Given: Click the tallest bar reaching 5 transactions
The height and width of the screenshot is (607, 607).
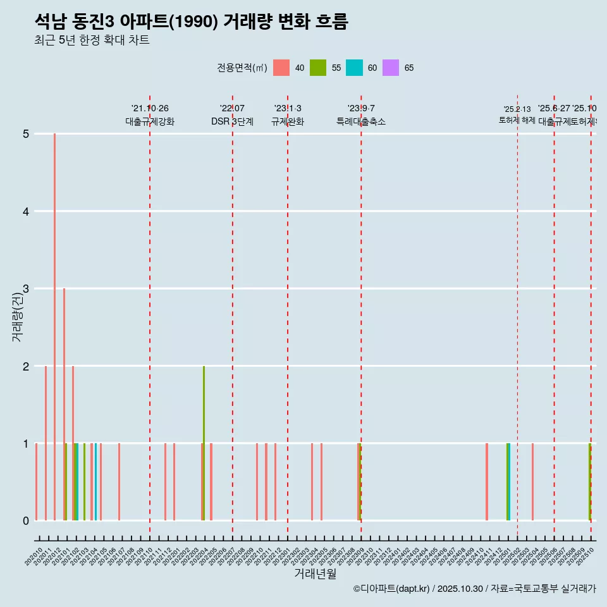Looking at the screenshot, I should coord(55,326).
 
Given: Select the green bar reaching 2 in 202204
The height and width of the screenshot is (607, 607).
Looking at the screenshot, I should coord(204,443).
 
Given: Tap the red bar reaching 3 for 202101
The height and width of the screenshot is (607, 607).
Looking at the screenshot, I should coord(64,405).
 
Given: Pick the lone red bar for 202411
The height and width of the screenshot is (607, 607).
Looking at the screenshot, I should coord(486,482).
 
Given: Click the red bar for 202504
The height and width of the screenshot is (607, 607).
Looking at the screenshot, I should coord(532,482).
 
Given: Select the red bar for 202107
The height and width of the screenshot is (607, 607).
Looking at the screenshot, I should coord(119,482).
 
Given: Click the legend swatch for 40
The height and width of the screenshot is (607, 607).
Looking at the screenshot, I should coord(281,68).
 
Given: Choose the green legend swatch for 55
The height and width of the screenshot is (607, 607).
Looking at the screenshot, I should coord(318,68).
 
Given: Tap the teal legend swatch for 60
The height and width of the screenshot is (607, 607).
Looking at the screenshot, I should coord(355,68).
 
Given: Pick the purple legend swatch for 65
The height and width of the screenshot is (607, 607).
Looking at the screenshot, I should coord(391,68).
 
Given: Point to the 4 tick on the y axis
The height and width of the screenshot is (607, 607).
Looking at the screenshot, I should coord(27,211).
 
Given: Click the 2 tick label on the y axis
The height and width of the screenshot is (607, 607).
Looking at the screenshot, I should coord(27,366).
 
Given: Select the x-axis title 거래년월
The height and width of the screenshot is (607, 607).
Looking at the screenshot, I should coord(315,573).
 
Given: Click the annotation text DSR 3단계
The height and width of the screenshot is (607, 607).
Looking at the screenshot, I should coord(232,121).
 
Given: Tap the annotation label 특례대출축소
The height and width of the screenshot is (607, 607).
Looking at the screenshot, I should coord(360,121).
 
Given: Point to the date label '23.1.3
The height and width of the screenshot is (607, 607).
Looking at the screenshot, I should coord(288,109).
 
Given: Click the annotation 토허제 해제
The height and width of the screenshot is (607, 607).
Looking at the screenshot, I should coord(517,120).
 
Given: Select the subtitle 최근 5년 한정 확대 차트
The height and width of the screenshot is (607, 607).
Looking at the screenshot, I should coord(92,40).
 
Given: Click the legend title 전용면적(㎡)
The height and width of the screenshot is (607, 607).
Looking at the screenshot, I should coord(242,68).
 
